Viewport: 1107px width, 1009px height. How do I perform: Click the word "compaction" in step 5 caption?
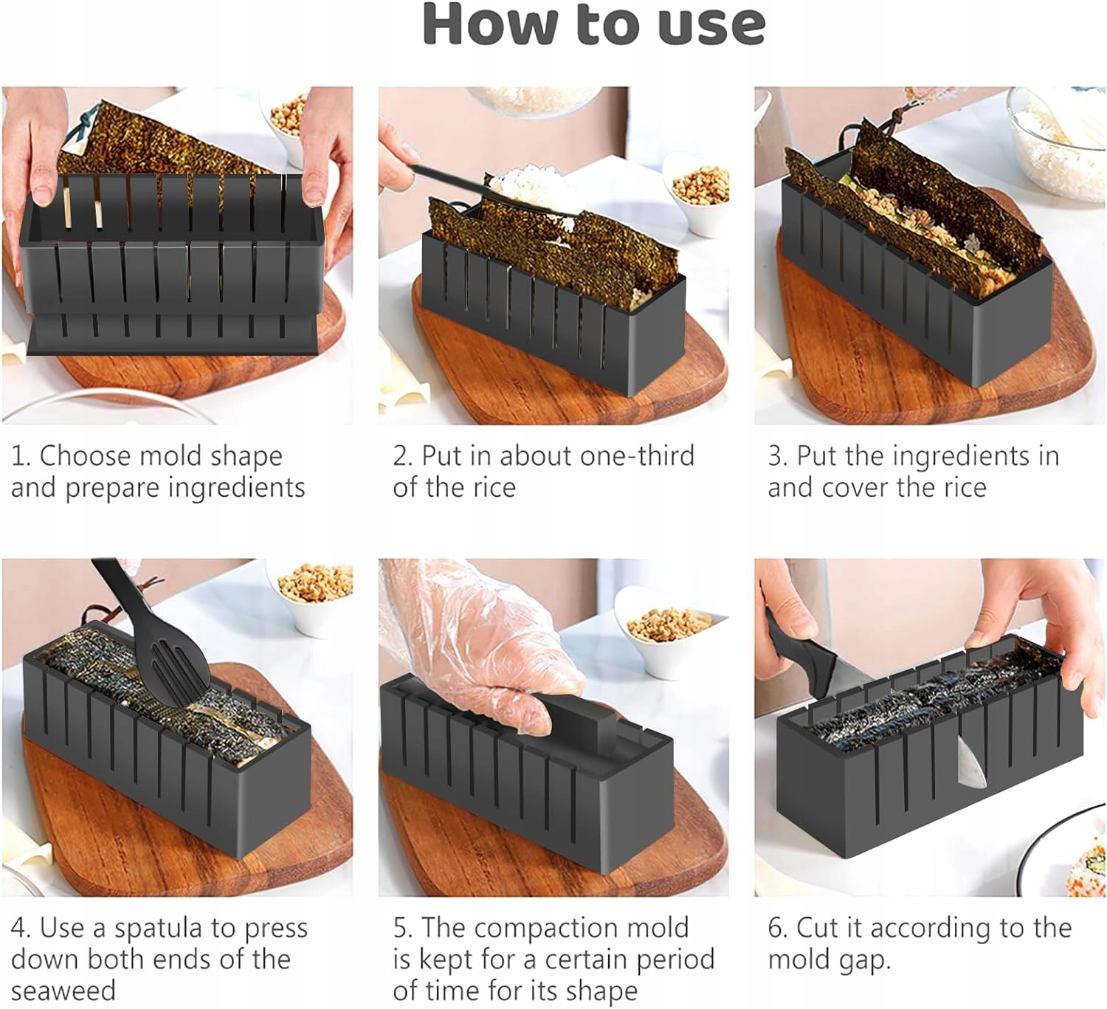pyautogui.click(x=581, y=929)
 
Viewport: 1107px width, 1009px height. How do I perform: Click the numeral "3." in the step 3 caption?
pyautogui.click(x=779, y=456)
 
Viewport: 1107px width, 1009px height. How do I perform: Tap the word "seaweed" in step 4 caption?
pyautogui.click(x=63, y=991)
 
